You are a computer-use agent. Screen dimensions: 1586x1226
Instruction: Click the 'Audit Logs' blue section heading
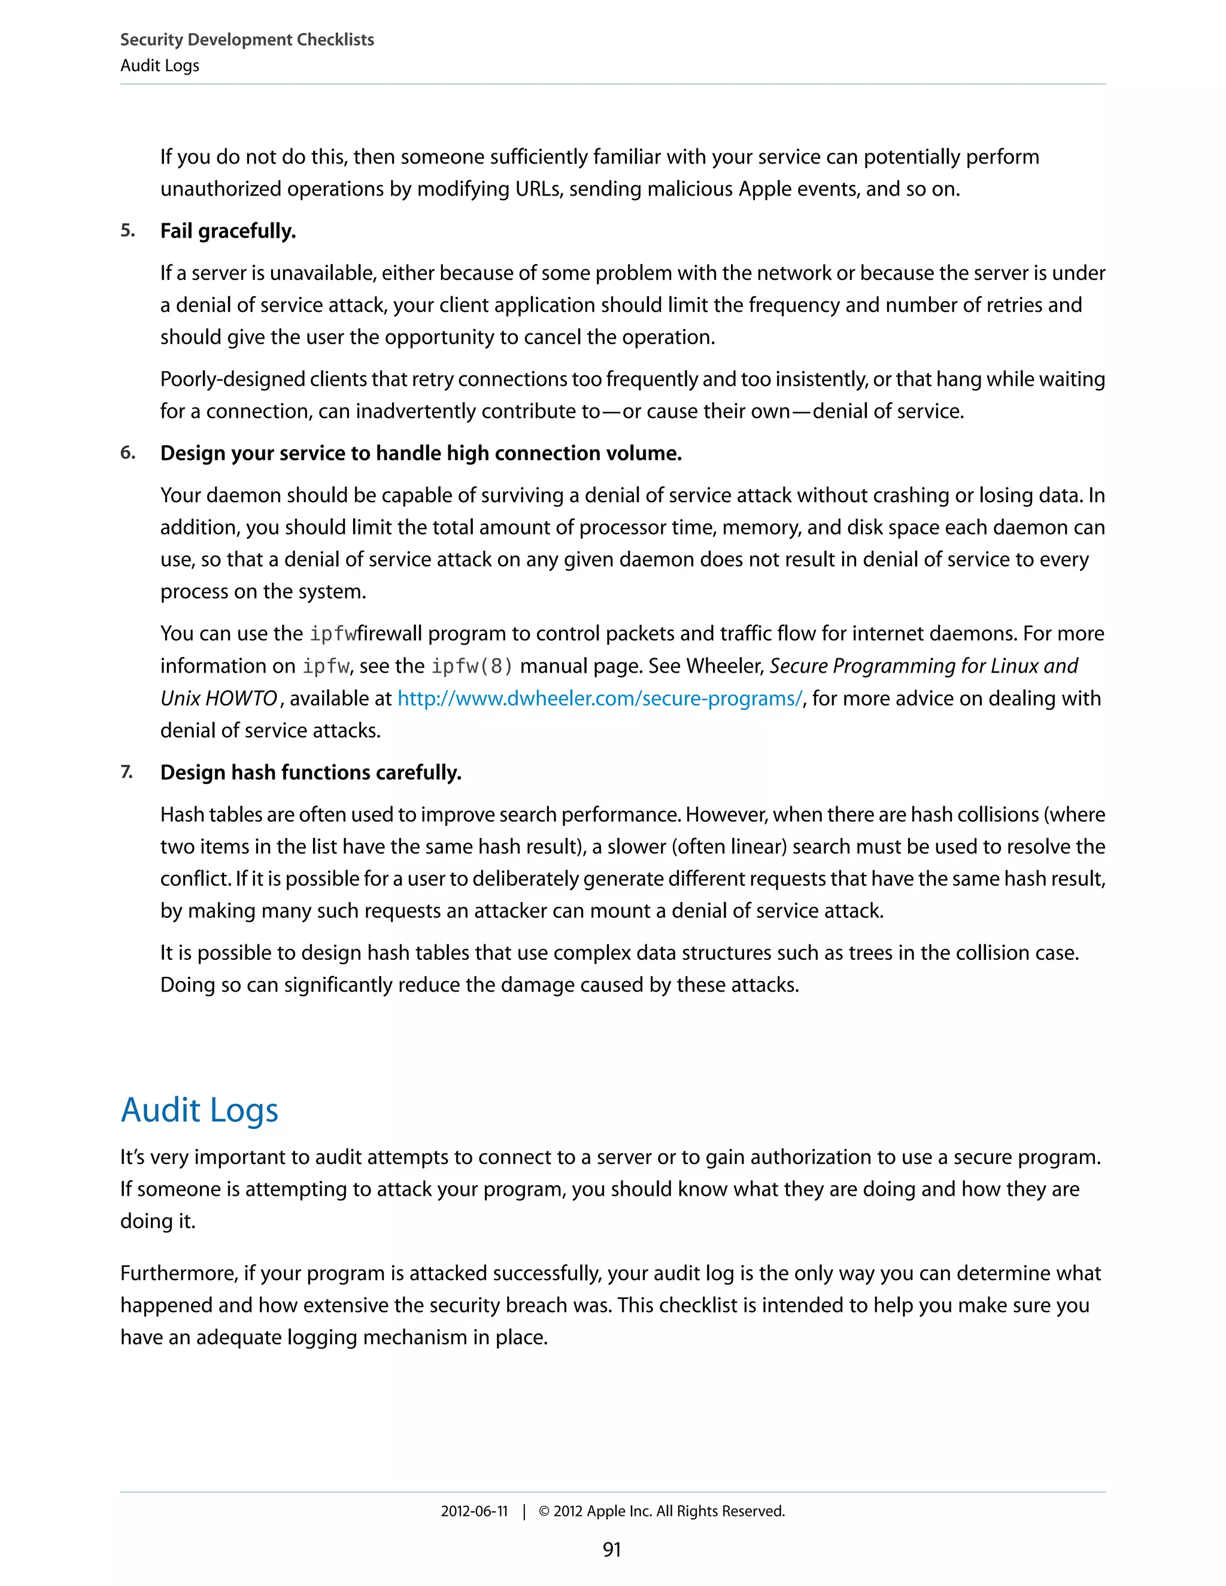tap(199, 1110)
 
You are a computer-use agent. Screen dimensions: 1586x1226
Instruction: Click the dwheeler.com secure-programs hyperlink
tap(600, 698)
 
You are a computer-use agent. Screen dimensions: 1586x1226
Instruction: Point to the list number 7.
tap(126, 772)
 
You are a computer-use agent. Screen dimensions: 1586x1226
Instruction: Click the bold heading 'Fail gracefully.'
tap(228, 231)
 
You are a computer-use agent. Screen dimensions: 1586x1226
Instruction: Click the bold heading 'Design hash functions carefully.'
tap(311, 773)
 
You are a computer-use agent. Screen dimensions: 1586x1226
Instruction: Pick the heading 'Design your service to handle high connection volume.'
tap(420, 453)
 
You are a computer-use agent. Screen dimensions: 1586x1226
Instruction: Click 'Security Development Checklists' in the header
tap(247, 40)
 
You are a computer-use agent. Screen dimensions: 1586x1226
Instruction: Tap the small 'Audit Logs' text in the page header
tap(160, 65)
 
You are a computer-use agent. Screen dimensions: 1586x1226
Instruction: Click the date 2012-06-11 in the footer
tap(474, 1511)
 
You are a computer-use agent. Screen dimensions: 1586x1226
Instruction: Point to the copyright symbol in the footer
tap(544, 1511)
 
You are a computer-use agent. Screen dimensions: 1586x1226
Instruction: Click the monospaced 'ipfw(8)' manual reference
tap(472, 666)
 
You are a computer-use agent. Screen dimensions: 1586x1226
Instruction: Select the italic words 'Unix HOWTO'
tap(219, 698)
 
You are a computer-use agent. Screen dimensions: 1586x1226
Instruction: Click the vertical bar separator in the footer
tap(524, 1511)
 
